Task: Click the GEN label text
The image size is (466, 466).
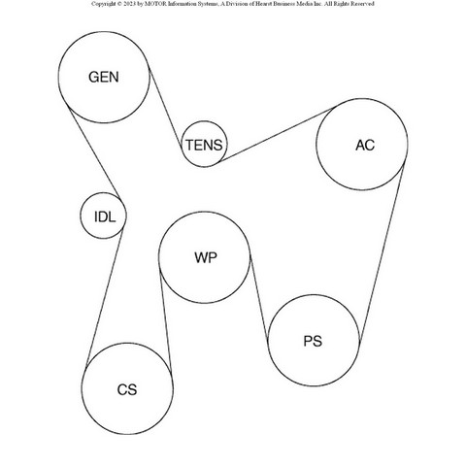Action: point(104,77)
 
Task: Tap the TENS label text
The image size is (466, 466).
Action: point(204,145)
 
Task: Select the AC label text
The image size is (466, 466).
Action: point(365,145)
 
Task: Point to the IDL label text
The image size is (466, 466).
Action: point(105,216)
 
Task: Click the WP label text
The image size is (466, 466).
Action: point(206,257)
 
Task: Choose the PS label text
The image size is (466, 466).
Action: point(313,341)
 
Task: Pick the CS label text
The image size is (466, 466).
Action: point(127,389)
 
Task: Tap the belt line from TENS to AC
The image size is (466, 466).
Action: point(278,134)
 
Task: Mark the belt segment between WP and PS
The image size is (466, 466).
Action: point(259,298)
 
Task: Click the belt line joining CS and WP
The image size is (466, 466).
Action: point(165,319)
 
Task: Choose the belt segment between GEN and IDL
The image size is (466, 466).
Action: point(94,153)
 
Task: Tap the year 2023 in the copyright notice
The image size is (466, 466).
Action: point(129,4)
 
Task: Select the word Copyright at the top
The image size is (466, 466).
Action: point(103,4)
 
